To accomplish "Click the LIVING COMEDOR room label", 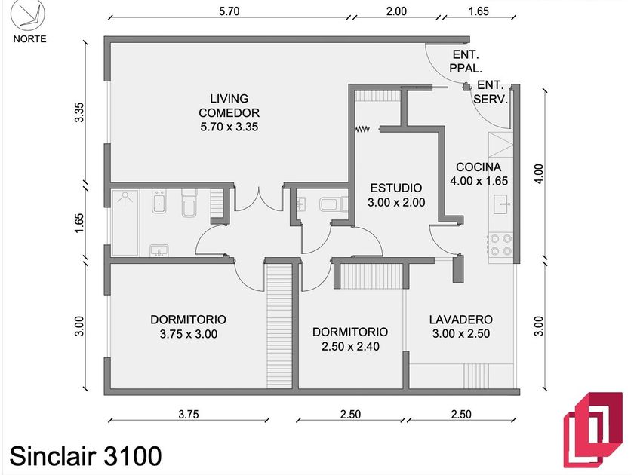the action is click(229, 112).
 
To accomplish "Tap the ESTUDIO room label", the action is click(396, 195).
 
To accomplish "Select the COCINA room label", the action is click(479, 173).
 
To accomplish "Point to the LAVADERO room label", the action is click(460, 326).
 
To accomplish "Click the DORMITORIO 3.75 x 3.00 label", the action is click(188, 326).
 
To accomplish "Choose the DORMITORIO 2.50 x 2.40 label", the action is click(350, 339).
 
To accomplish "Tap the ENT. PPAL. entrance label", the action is click(465, 61).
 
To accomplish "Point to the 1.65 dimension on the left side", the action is click(80, 224).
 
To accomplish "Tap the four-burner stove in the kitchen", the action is click(502, 244).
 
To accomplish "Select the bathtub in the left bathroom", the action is click(125, 222).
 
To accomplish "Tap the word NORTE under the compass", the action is click(29, 39).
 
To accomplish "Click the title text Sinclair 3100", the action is click(85, 455).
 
